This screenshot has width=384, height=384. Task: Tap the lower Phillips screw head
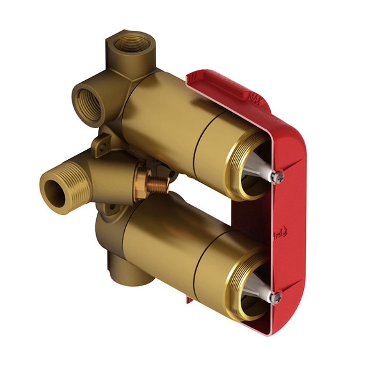pyautogui.click(x=276, y=297)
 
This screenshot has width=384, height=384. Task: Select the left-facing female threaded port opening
pyautogui.click(x=89, y=105)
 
